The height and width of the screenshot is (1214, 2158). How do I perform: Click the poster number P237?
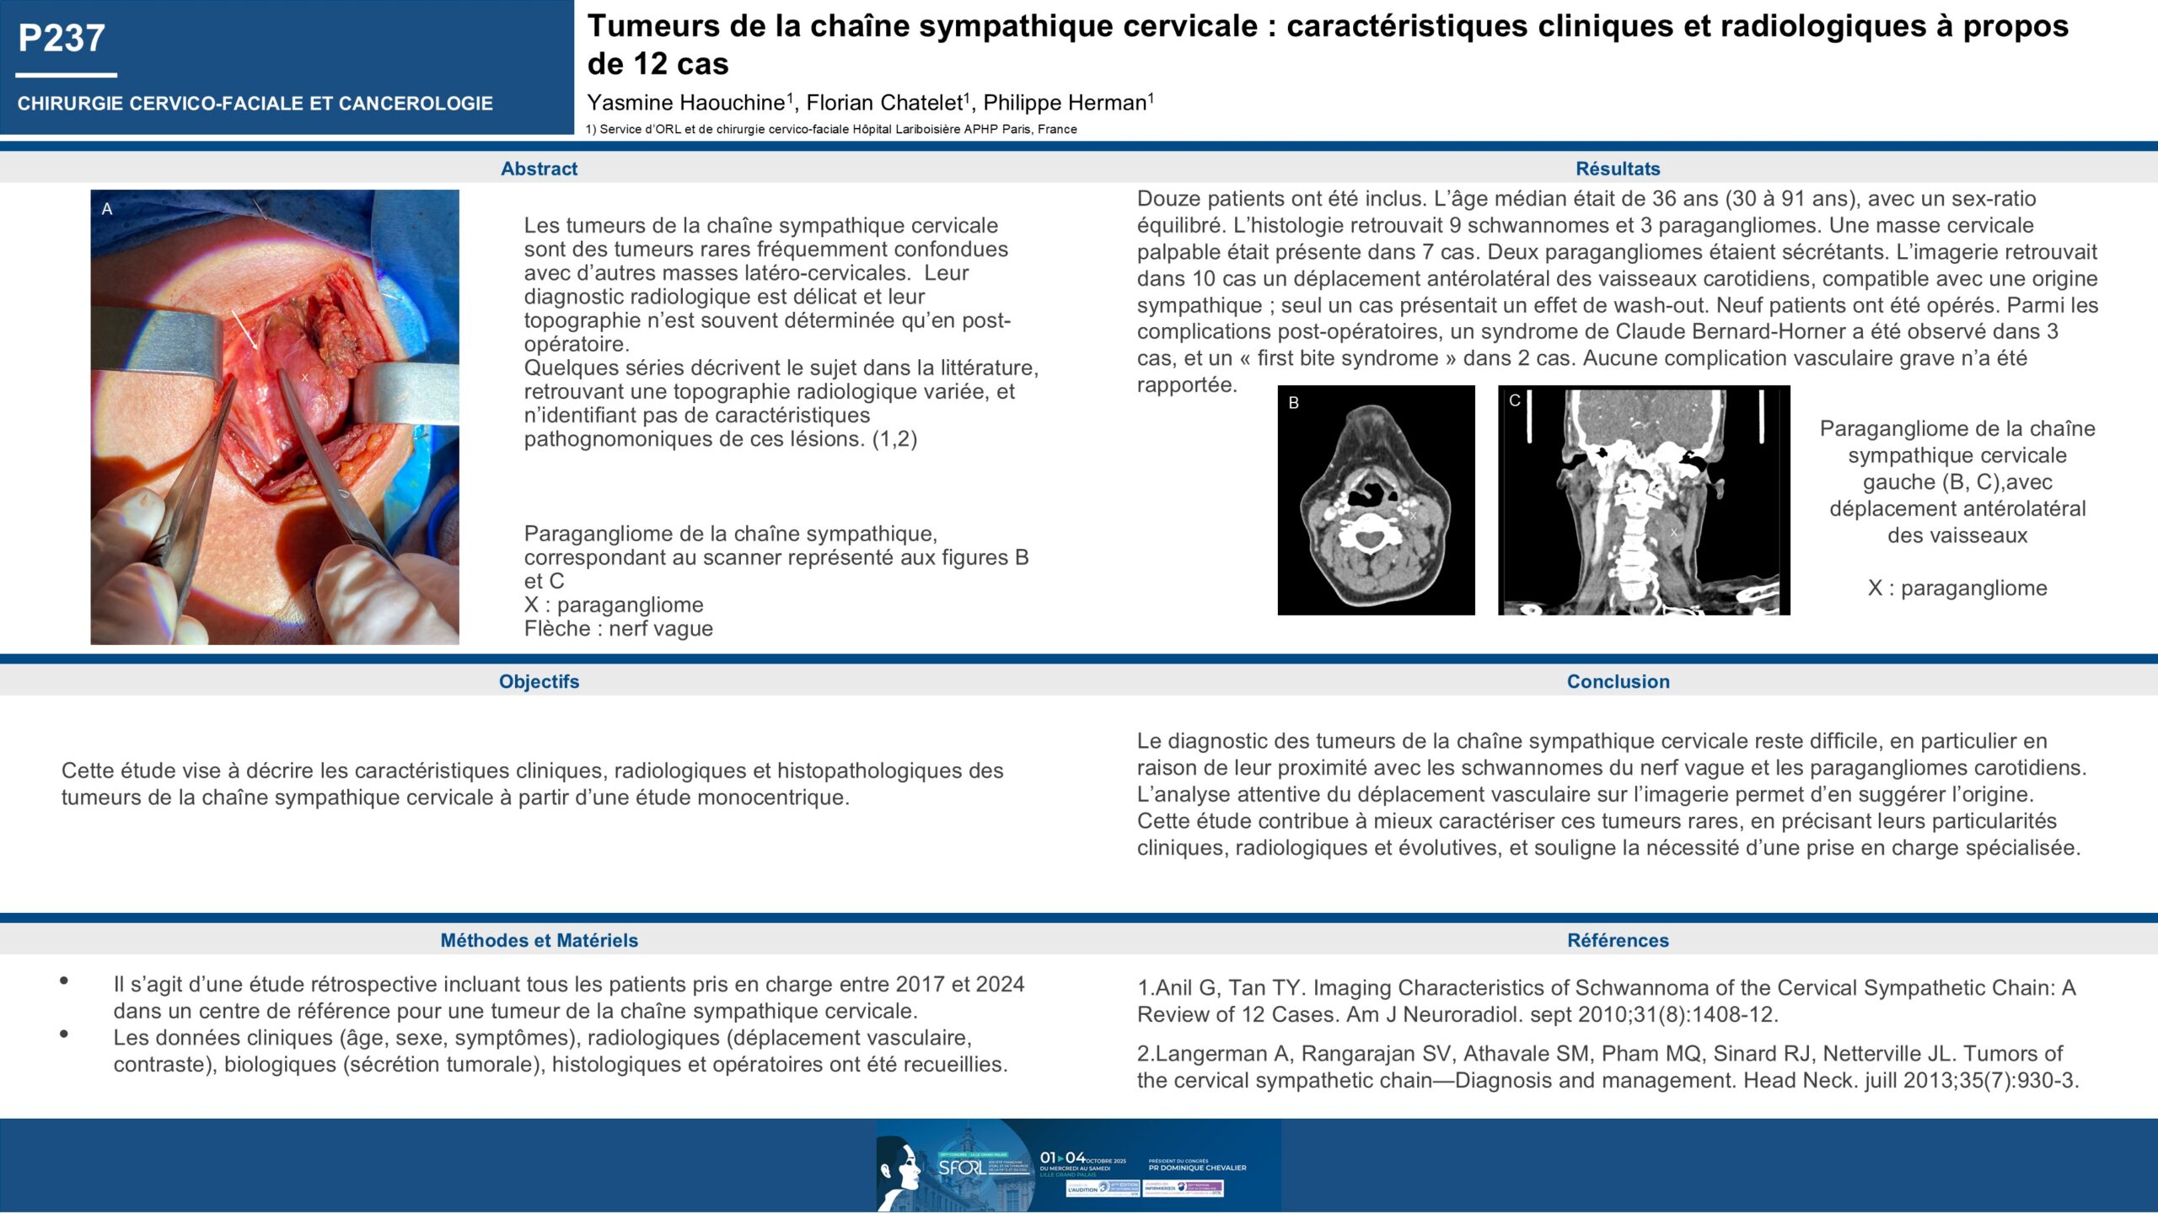tap(62, 38)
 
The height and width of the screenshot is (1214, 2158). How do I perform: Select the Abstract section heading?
tap(539, 169)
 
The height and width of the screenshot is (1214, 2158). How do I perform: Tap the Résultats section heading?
tap(1618, 169)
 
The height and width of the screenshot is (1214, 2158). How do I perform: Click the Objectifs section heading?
tap(539, 681)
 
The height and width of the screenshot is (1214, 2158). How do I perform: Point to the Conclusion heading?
tap(1618, 681)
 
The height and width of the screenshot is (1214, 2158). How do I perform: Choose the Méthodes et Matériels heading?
tap(539, 940)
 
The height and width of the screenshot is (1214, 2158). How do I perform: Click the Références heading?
tap(1618, 940)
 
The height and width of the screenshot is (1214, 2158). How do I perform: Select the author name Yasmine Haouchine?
tap(685, 103)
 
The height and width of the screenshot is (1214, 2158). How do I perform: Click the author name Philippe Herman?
tap(1065, 103)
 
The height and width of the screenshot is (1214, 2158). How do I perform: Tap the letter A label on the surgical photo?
tap(107, 209)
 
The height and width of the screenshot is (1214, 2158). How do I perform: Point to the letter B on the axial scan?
tap(1294, 403)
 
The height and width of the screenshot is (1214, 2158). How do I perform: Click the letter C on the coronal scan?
tap(1515, 400)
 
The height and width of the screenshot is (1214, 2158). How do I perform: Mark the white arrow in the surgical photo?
tap(246, 329)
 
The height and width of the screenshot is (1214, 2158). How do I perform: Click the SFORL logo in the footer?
tap(961, 1168)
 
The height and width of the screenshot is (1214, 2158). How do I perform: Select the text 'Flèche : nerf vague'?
tap(618, 629)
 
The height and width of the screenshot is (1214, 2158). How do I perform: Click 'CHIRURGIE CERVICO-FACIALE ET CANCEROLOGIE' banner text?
tap(255, 104)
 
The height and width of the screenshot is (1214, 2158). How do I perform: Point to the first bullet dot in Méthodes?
tap(64, 980)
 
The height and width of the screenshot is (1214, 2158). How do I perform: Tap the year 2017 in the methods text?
tap(920, 985)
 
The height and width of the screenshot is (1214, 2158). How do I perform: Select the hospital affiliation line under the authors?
tap(831, 129)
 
